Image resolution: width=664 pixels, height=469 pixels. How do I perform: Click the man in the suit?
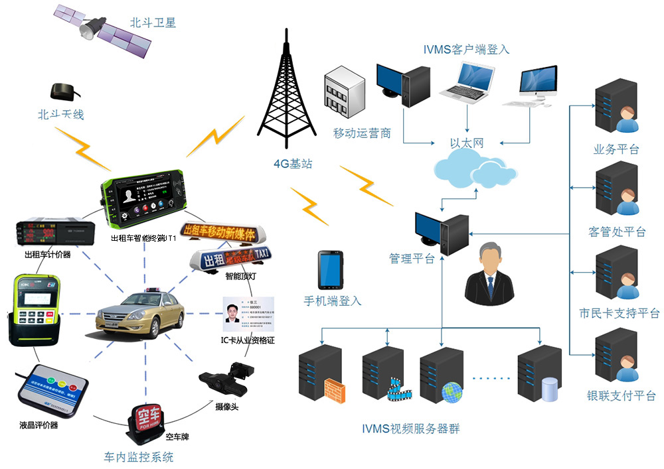click(x=490, y=272)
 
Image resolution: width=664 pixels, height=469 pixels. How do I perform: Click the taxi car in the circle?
click(x=131, y=315)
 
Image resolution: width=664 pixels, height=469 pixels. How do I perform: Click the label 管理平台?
click(x=412, y=259)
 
